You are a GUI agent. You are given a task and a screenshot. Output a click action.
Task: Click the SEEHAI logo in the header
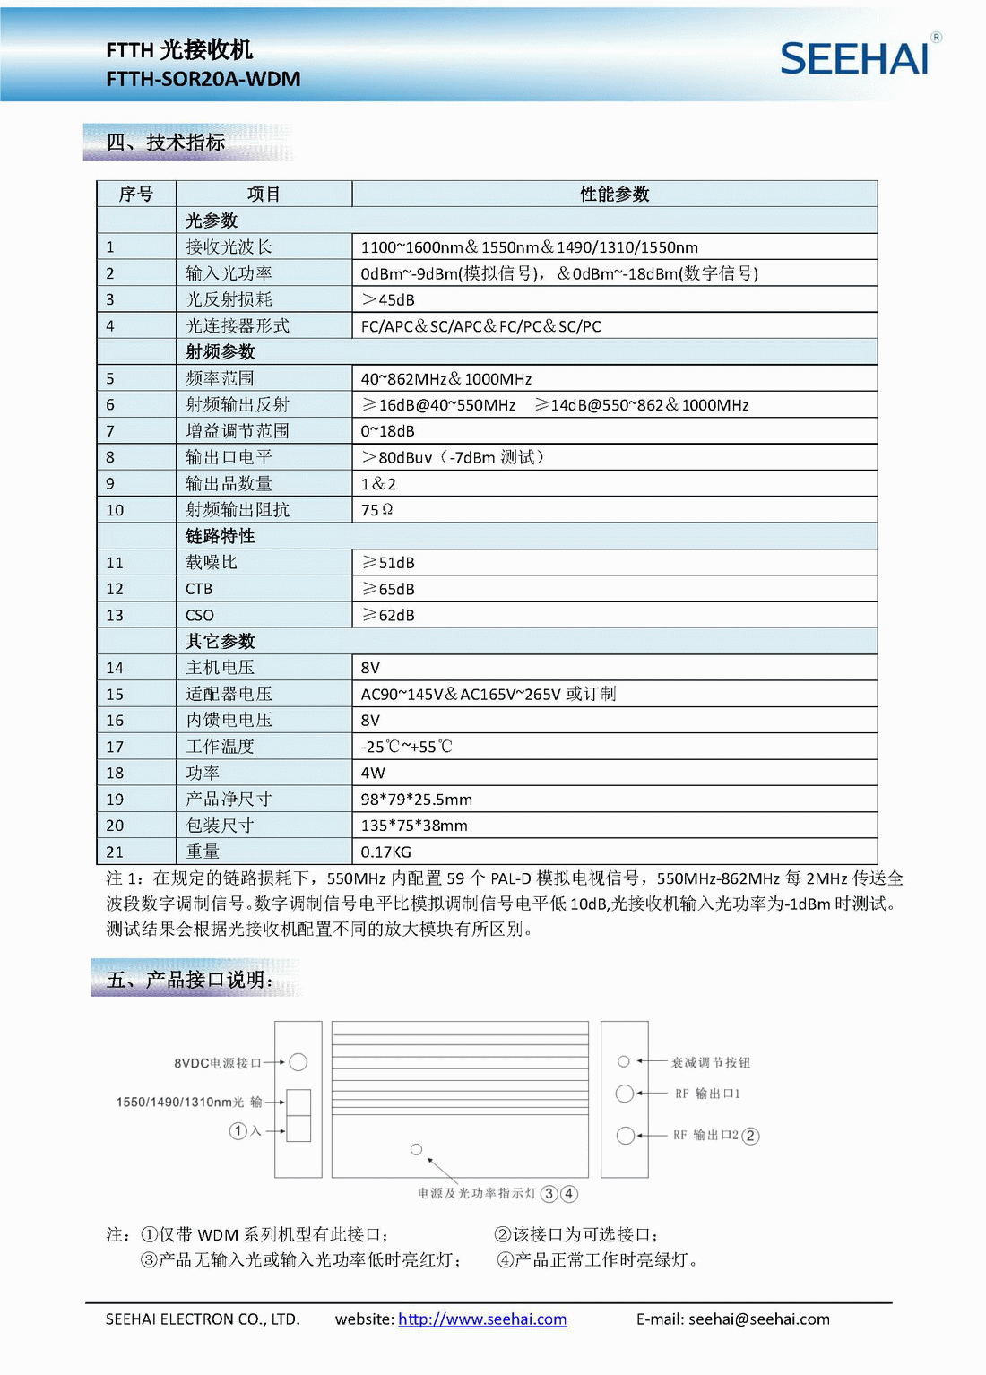pos(854,59)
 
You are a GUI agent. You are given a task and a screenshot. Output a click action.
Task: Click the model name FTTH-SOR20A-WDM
pos(203,79)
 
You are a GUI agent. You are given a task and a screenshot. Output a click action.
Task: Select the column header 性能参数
pos(614,195)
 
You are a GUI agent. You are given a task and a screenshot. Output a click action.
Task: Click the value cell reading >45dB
pos(388,300)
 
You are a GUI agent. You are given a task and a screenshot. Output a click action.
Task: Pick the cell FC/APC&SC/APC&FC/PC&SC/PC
pos(480,326)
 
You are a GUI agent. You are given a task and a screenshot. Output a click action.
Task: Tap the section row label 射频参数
pos(221,352)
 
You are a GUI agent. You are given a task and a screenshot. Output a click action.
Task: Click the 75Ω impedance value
pos(376,510)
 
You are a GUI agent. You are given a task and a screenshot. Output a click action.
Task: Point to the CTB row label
pos(199,589)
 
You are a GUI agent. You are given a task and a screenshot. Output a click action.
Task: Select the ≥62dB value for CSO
pos(388,616)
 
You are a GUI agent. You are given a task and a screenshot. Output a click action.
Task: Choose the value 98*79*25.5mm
pos(416,800)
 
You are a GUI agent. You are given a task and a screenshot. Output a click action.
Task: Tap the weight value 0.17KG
pos(385,852)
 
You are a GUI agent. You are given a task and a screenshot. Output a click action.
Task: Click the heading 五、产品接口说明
pos(190,980)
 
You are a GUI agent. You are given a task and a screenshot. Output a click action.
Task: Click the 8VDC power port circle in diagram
pos(298,1062)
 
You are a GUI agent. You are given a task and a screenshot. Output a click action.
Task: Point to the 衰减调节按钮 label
pos(711,1063)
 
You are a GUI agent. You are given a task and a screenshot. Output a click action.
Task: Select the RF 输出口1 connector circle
pos(625,1094)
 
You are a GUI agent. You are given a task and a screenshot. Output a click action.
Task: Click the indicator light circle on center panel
pos(416,1149)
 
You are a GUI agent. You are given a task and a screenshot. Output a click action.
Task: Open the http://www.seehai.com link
pos(482,1319)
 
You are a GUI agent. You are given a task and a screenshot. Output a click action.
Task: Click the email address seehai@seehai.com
pos(759,1319)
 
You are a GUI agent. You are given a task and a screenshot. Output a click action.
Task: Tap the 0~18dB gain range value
pos(387,431)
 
